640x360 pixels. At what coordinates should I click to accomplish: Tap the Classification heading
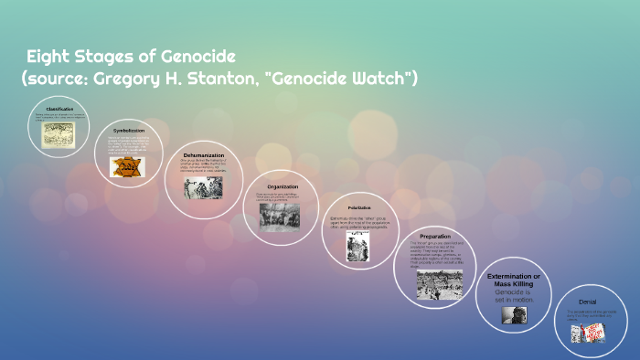[59, 109]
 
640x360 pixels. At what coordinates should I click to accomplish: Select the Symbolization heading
[129, 131]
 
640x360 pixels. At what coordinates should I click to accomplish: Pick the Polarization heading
[359, 207]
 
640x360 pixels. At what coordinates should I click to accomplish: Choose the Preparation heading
[434, 236]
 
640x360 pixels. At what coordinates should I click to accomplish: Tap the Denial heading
[588, 302]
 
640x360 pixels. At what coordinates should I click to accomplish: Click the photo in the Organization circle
[278, 217]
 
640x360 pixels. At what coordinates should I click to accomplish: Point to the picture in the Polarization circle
[358, 249]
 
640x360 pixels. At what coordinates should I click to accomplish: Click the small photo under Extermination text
[513, 314]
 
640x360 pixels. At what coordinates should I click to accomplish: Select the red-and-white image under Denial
[588, 334]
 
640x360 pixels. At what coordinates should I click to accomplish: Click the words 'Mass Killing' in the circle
[513, 284]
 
